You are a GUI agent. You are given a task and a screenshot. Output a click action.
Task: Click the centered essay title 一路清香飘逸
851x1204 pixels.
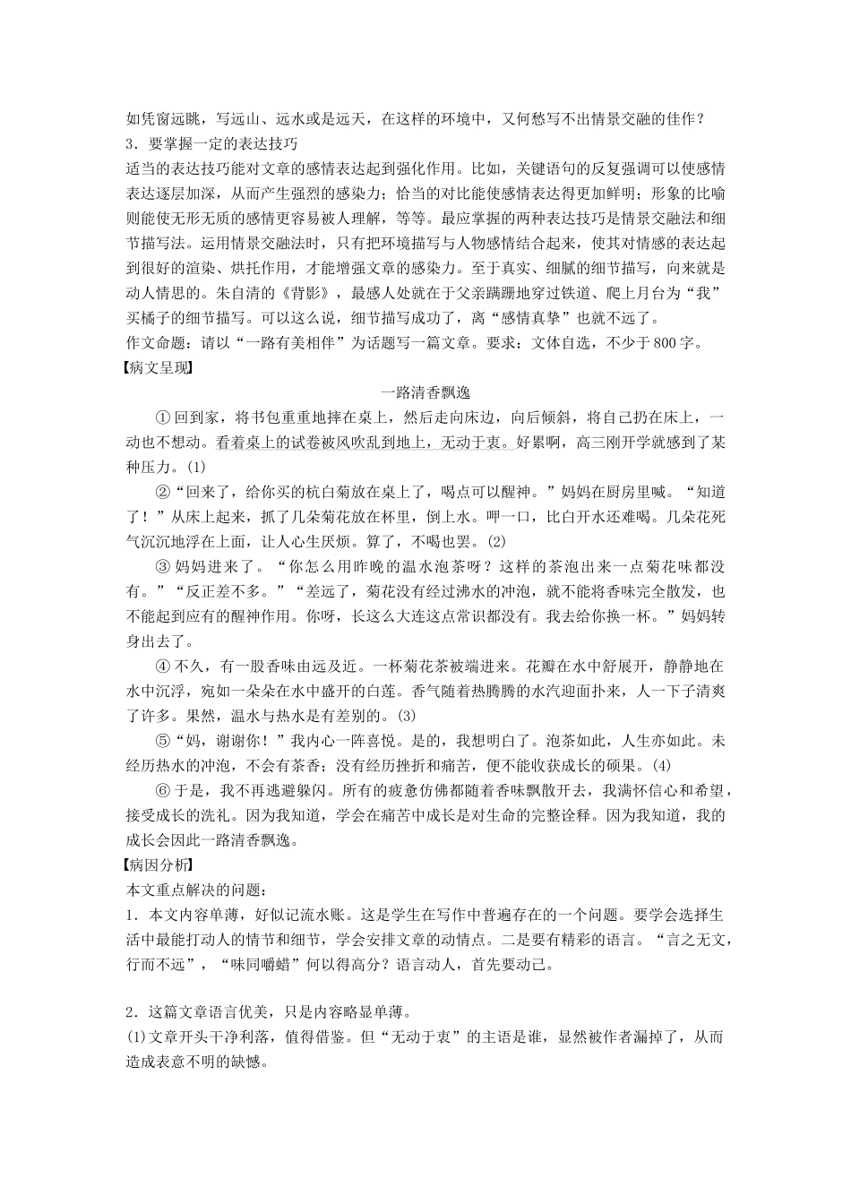click(425, 392)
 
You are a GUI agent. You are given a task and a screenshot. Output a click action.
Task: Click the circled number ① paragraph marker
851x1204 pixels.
click(162, 417)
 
